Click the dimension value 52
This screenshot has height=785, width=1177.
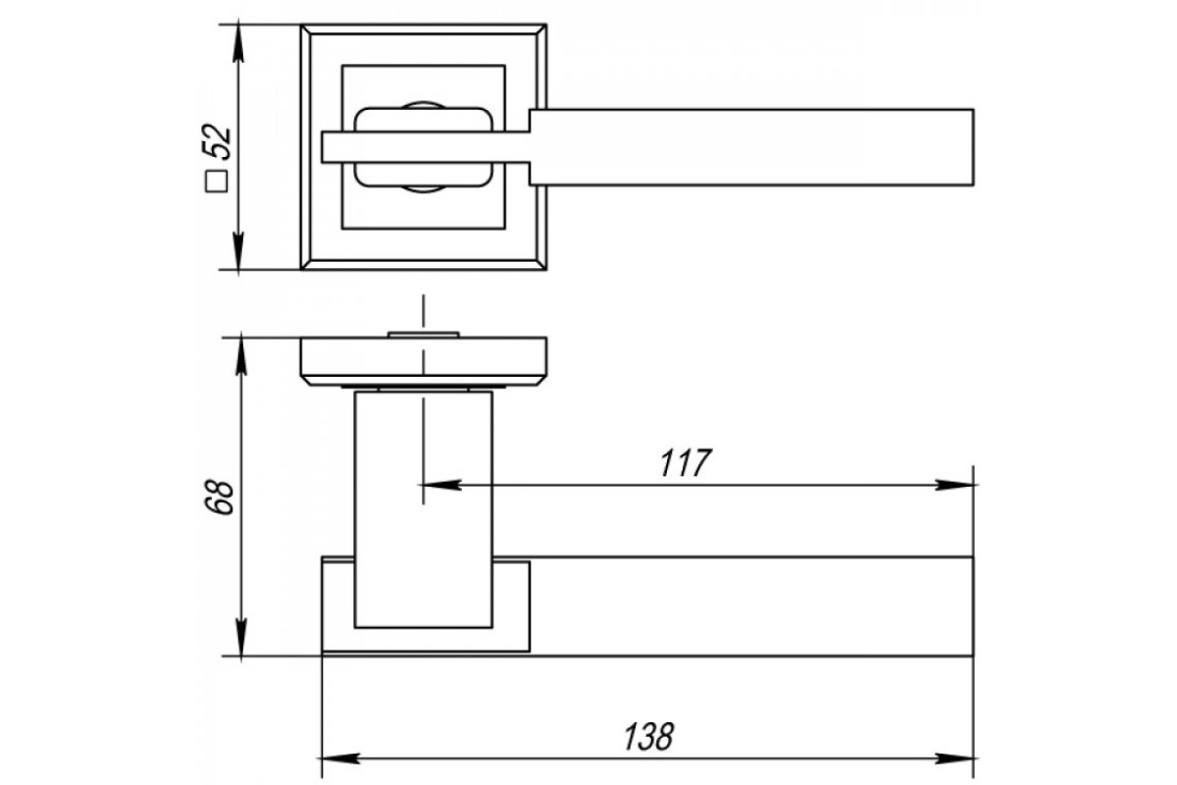pos(217,141)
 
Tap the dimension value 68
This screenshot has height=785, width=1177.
pos(218,497)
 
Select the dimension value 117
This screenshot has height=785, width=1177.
pos(686,463)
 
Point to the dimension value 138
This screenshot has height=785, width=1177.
pos(648,737)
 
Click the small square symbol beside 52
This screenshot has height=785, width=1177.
pos(217,182)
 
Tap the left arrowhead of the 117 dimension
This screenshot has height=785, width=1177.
pos(440,485)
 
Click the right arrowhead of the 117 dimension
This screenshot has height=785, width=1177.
pos(953,485)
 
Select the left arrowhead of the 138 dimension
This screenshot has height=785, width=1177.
pos(341,759)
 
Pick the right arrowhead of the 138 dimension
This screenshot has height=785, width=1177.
pos(953,759)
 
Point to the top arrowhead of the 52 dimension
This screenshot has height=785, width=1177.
pos(238,45)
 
